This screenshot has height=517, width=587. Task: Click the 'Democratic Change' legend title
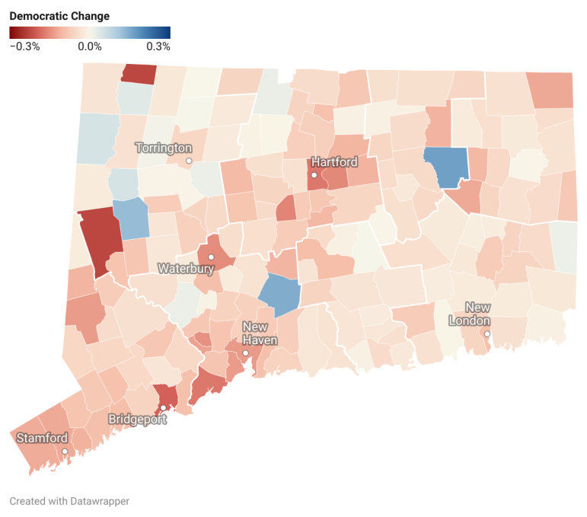point(59,16)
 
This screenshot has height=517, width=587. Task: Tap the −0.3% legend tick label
point(24,46)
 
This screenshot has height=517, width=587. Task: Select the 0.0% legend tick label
point(90,46)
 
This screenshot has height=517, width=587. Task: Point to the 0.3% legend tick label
point(158,46)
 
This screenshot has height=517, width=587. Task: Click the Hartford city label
point(334,162)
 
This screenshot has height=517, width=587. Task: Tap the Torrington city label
point(164,148)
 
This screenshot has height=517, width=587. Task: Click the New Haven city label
point(260,333)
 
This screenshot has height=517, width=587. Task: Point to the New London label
point(477,314)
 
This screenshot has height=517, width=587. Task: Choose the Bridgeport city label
point(137,420)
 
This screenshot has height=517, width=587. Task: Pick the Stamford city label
point(43,438)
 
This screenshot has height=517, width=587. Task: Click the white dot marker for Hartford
point(314,175)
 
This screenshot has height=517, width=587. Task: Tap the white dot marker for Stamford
point(65,452)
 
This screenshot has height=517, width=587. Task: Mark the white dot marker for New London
point(487,333)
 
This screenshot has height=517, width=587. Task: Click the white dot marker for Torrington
point(189,161)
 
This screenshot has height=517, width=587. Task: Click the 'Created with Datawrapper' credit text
point(69,501)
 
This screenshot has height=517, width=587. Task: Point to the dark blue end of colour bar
point(165,32)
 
